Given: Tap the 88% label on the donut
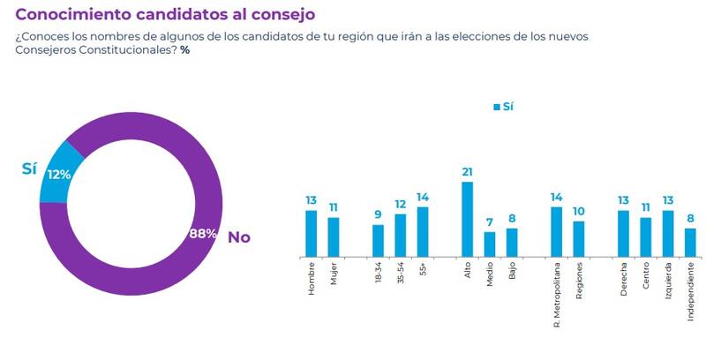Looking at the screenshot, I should [x=203, y=235].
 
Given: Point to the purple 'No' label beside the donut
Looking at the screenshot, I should [x=239, y=237].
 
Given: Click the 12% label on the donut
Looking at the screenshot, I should [x=59, y=175].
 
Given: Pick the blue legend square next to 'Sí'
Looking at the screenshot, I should [x=497, y=107].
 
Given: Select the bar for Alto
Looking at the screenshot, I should [x=467, y=219].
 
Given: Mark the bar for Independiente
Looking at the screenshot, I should [x=690, y=242].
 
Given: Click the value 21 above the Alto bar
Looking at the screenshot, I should [x=467, y=171].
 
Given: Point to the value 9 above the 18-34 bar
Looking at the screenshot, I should [x=378, y=214].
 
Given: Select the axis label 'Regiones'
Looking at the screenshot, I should [x=579, y=281].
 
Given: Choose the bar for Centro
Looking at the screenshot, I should [x=645, y=236].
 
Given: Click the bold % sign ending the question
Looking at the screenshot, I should [x=184, y=51].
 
